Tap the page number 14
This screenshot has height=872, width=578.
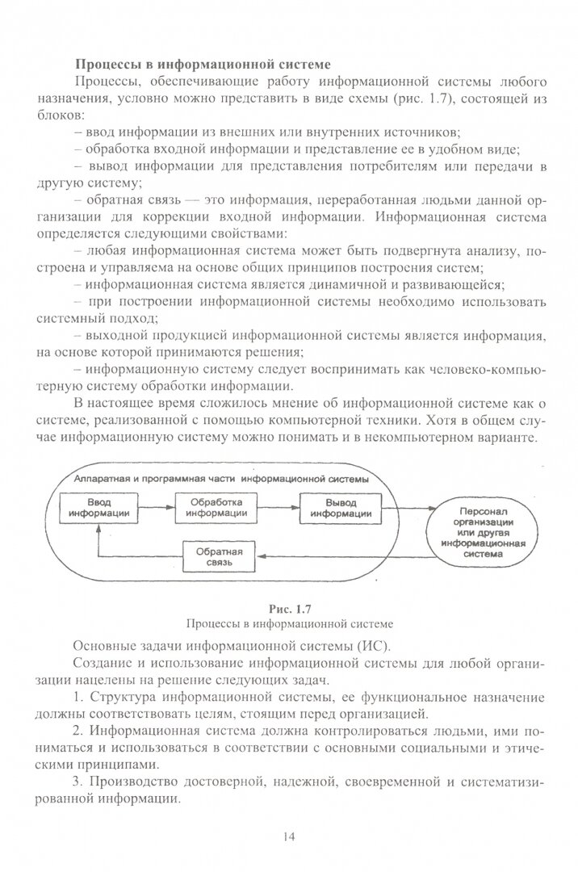[289, 836]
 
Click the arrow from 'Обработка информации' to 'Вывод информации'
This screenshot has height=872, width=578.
[278, 508]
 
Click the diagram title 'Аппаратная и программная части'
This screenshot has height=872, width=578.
[220, 478]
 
